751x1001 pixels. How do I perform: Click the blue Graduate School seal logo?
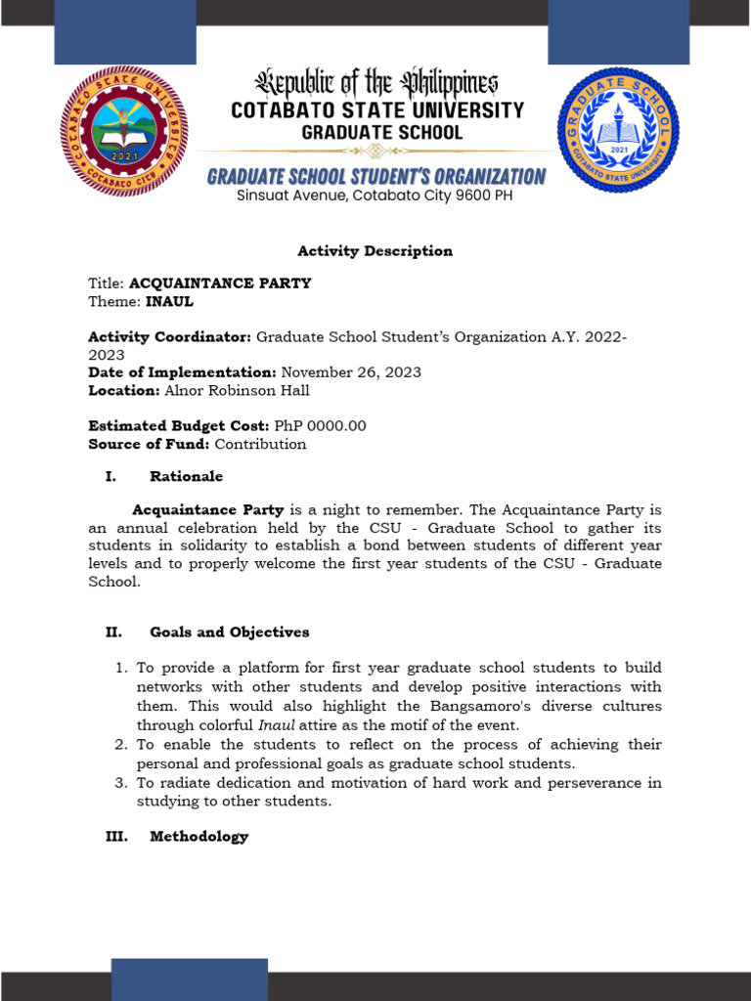pyautogui.click(x=618, y=130)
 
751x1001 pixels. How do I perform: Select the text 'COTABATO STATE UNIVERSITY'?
pyautogui.click(x=377, y=110)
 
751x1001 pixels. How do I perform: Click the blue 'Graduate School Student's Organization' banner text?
pyautogui.click(x=376, y=177)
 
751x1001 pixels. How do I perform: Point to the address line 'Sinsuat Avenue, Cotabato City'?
pyautogui.click(x=375, y=196)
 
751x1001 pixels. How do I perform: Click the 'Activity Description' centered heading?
pyautogui.click(x=375, y=251)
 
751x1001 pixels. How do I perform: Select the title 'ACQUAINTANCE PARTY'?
pyautogui.click(x=220, y=283)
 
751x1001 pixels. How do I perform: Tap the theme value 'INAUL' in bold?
pyautogui.click(x=169, y=302)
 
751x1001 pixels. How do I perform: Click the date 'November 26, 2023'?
pyautogui.click(x=351, y=372)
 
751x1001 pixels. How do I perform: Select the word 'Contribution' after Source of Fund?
pyautogui.click(x=260, y=445)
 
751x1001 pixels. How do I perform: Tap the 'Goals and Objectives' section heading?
pyautogui.click(x=229, y=632)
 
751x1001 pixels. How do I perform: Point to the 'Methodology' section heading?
pyautogui.click(x=199, y=837)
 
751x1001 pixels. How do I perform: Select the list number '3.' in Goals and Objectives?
pyautogui.click(x=121, y=783)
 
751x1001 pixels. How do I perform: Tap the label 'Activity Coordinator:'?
pyautogui.click(x=170, y=337)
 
